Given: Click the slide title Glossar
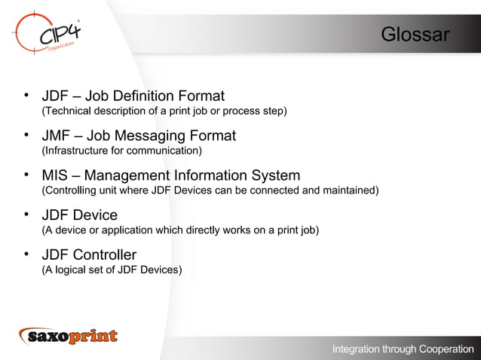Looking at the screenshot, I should coord(415,35).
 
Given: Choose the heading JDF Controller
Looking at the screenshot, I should coord(89,255).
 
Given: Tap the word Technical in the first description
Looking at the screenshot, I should coord(69,111).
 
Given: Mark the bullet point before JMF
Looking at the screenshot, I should coord(26,136).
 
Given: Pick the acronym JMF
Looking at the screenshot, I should coord(57,136).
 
